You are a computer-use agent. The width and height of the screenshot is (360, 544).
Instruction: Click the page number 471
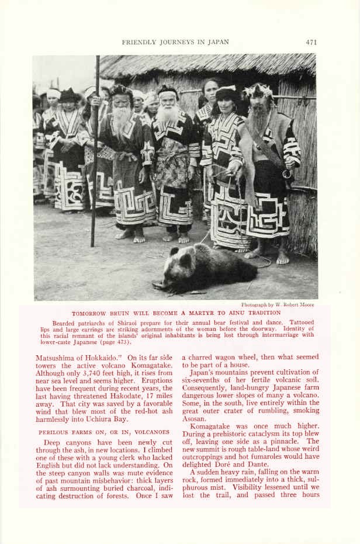click(311, 42)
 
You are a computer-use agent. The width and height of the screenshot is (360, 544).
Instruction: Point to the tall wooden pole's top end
click(97, 58)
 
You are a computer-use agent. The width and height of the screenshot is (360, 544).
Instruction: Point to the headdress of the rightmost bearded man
click(258, 92)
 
